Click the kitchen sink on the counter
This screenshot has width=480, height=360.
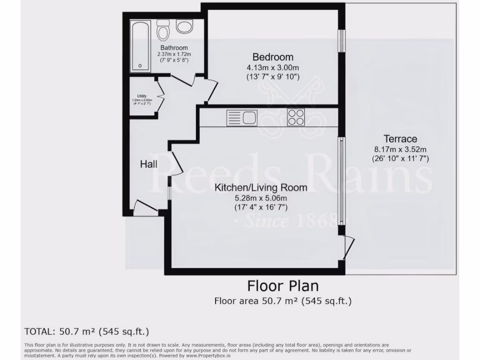241,117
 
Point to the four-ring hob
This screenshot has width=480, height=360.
296,117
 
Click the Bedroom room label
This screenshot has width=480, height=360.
273,57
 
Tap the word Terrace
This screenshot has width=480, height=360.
400,139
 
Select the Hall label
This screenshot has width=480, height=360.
149,165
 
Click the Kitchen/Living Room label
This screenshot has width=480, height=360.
261,188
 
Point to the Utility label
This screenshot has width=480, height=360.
142,96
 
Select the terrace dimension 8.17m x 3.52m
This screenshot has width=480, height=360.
400,150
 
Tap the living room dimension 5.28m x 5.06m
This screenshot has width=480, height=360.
261,198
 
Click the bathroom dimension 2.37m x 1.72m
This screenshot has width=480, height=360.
174,54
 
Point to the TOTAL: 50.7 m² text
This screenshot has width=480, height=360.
87,332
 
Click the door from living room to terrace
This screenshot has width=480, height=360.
347,247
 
